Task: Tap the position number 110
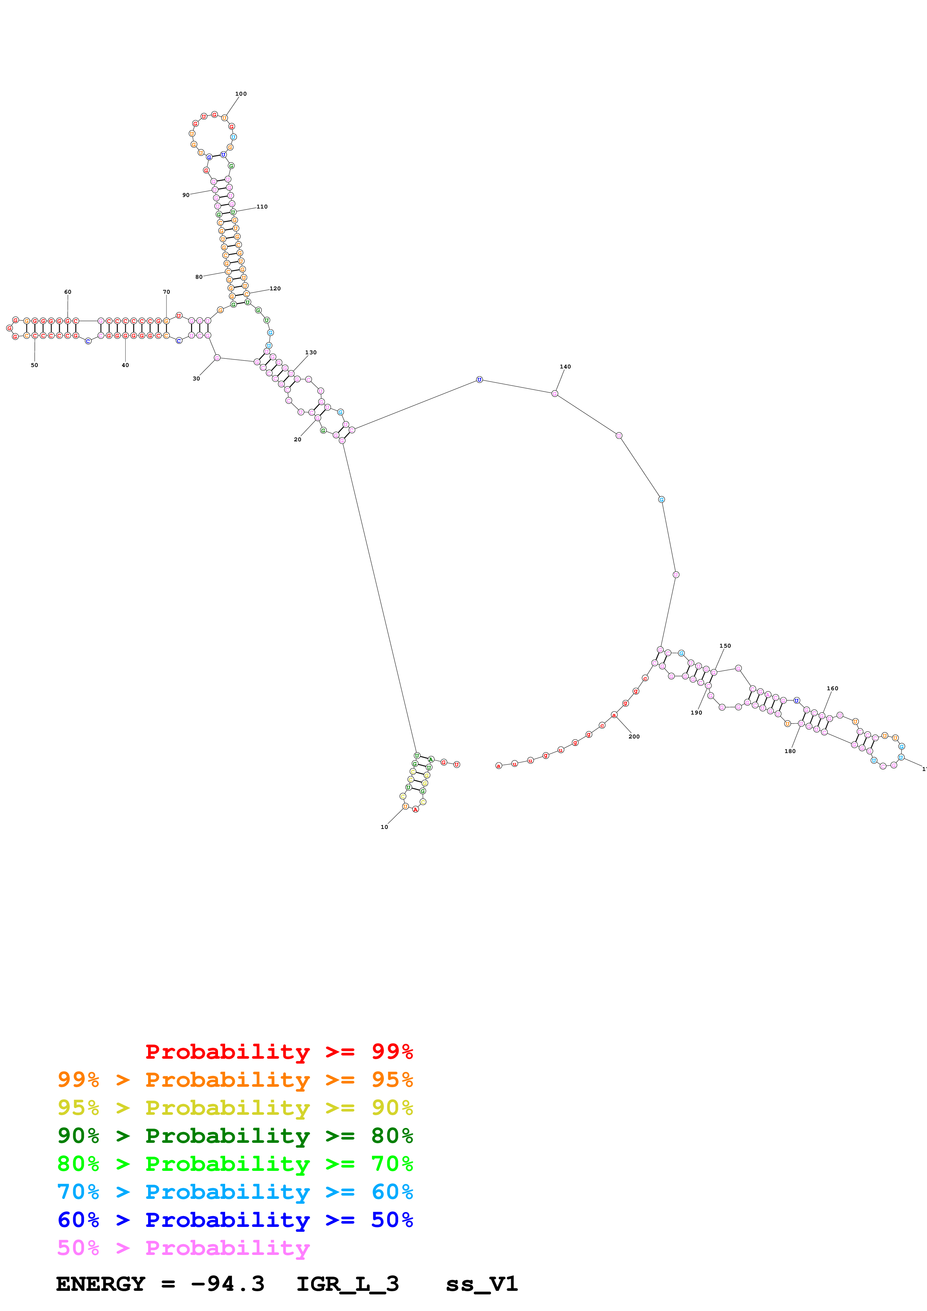click(x=262, y=207)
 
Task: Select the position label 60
click(x=67, y=292)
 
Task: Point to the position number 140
click(x=565, y=367)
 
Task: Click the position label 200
click(x=634, y=737)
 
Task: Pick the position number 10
click(x=384, y=827)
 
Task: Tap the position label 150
click(x=725, y=646)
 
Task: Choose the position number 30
click(x=196, y=379)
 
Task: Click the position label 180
click(x=790, y=751)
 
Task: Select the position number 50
click(x=34, y=365)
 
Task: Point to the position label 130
click(x=311, y=352)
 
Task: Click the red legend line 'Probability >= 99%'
click(x=279, y=1051)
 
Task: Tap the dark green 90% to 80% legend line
click(x=235, y=1136)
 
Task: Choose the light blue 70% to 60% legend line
click(x=235, y=1192)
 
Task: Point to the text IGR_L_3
click(x=347, y=1284)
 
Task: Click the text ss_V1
click(x=482, y=1284)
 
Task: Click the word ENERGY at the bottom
click(x=101, y=1284)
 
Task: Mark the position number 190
click(x=696, y=713)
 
